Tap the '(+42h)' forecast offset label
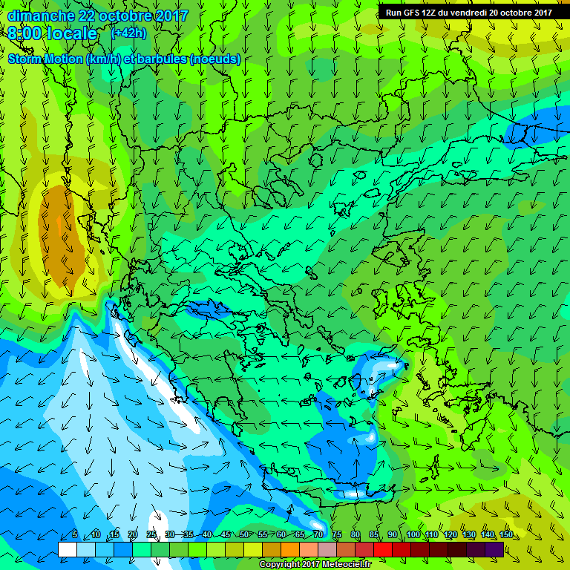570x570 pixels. (128, 33)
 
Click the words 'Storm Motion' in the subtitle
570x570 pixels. (45, 59)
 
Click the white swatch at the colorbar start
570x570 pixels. (67, 549)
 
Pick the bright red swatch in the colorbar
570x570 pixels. (382, 549)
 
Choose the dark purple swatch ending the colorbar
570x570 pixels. (494, 549)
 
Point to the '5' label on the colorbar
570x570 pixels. (76, 535)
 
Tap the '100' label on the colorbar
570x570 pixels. (413, 535)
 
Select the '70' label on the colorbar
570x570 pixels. (318, 535)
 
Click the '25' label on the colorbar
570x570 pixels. (151, 535)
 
